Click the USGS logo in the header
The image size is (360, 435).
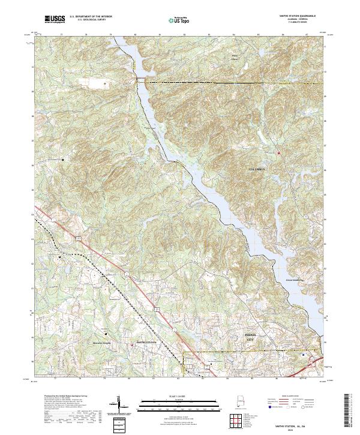coord(55,19)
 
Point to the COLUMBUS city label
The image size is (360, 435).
coord(257,170)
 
